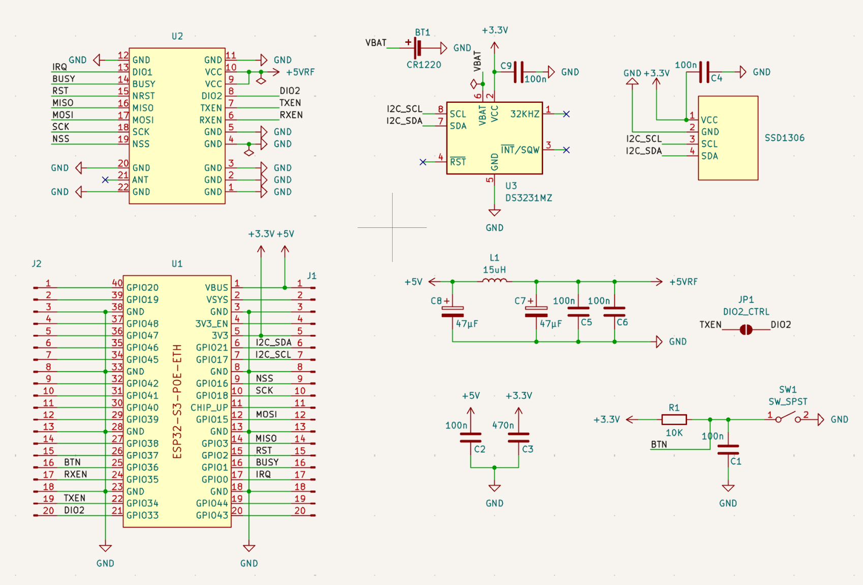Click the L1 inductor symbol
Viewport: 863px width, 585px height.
(494, 280)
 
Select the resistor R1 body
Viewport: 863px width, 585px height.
(674, 420)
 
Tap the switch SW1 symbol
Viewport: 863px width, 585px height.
(788, 418)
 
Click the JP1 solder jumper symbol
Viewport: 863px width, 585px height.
(746, 330)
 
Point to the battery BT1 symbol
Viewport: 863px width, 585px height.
(418, 48)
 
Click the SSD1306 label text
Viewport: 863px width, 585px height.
(784, 138)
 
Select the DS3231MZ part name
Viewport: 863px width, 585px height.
(528, 198)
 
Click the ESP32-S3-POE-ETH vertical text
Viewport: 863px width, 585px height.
(177, 402)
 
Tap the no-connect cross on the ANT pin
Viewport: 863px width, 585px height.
(105, 180)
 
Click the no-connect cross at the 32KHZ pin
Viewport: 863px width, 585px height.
(566, 114)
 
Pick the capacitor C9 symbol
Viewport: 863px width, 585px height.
(518, 72)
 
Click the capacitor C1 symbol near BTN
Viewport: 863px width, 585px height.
(728, 449)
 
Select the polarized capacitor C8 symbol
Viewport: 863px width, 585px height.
(453, 311)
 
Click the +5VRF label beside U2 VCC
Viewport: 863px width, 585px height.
(300, 72)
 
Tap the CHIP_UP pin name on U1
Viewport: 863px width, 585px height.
(209, 407)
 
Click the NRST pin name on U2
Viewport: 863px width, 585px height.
(143, 96)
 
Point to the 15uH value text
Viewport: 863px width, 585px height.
(494, 270)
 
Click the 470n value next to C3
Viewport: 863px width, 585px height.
(502, 425)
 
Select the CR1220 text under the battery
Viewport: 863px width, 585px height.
(424, 65)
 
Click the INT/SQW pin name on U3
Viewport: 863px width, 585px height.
(520, 150)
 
